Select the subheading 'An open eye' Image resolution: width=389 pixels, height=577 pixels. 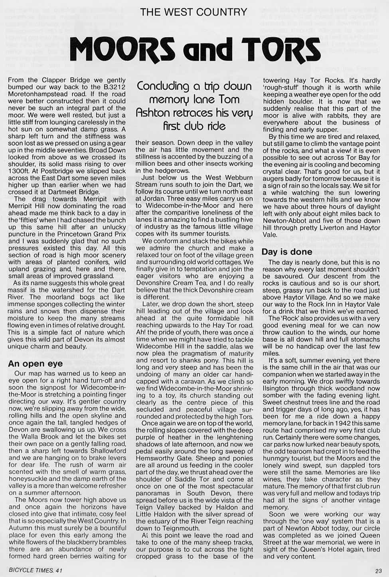click(36, 363)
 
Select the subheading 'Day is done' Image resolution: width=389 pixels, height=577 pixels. click(287, 252)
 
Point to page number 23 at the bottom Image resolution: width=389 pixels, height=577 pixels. click(378, 570)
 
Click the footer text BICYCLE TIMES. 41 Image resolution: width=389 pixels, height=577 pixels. click(36, 570)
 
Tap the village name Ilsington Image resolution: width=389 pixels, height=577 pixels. click(279, 388)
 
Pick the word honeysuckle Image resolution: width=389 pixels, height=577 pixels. click(28, 479)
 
